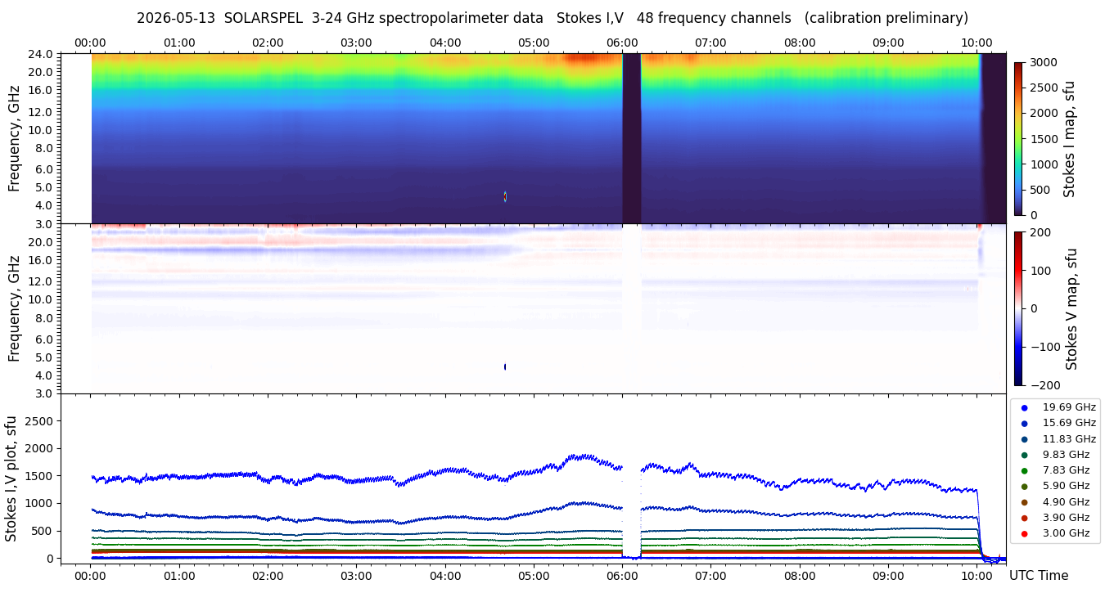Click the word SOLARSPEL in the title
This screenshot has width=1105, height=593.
click(264, 18)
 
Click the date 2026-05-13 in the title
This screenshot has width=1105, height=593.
click(176, 18)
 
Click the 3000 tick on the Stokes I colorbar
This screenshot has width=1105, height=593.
click(1044, 63)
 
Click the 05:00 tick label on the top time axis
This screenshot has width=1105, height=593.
click(534, 43)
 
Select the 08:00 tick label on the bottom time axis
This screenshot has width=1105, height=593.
click(800, 576)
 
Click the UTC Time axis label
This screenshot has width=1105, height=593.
click(1039, 576)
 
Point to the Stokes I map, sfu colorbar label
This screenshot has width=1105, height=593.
click(1069, 140)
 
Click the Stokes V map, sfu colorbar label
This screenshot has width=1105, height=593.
click(1071, 309)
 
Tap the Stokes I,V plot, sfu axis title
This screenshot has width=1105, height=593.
click(11, 478)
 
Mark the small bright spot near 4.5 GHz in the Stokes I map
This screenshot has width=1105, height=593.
click(505, 196)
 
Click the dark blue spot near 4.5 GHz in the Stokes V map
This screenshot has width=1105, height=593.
click(505, 366)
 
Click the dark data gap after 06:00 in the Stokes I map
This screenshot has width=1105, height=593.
click(631, 138)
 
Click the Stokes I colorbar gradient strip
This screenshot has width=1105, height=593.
click(1018, 139)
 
